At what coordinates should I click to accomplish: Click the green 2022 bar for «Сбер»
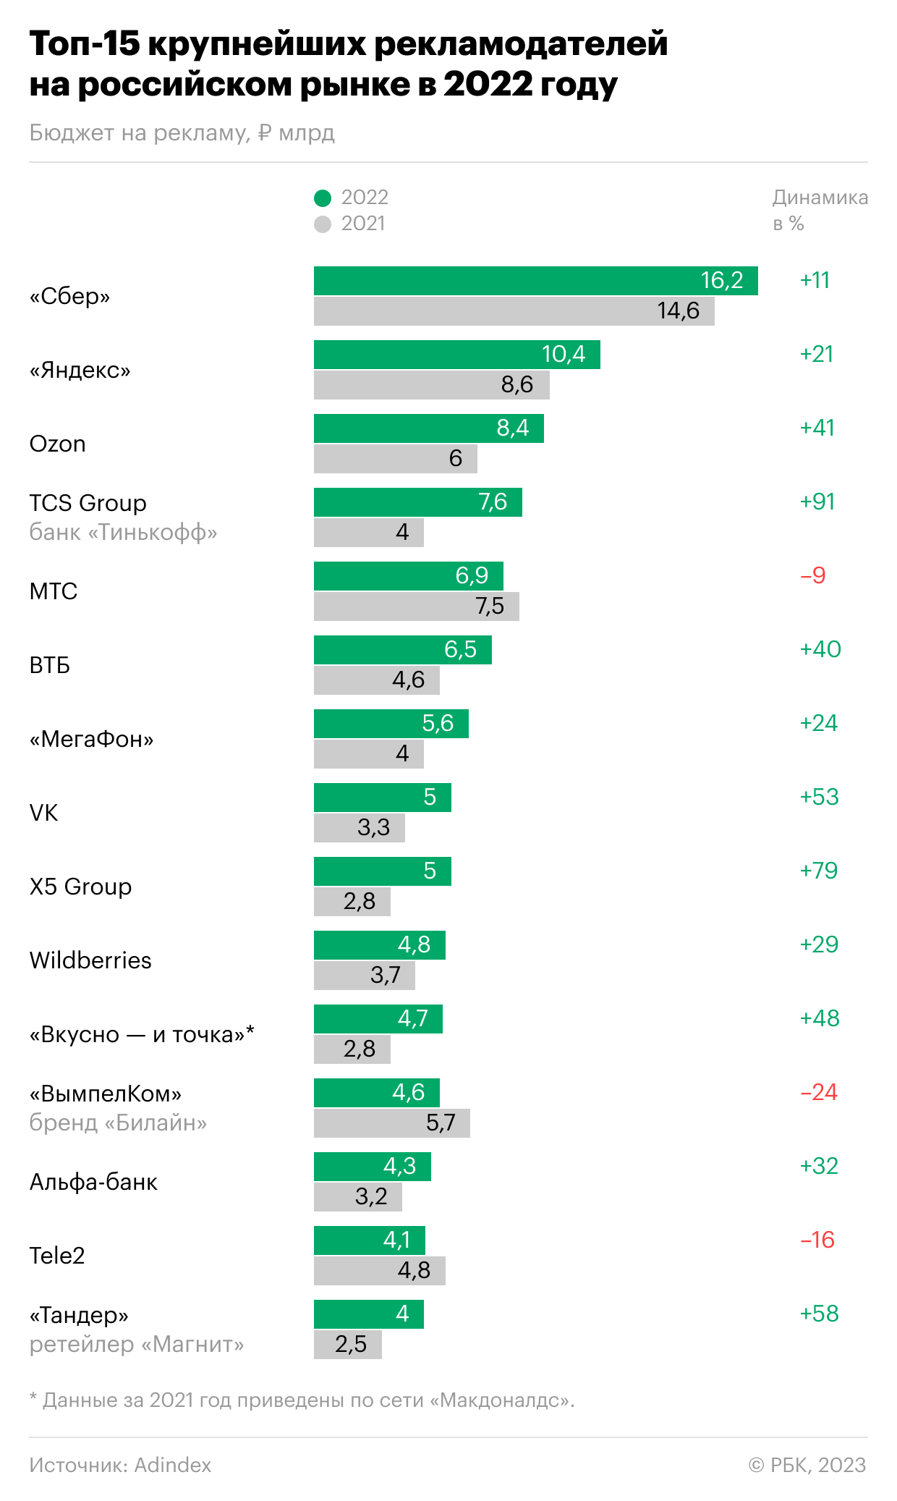pyautogui.click(x=535, y=281)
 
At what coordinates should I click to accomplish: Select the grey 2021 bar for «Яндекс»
pyautogui.click(x=431, y=385)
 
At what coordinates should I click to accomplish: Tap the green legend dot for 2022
pyautogui.click(x=323, y=198)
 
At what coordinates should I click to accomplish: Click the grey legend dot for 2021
pyautogui.click(x=323, y=224)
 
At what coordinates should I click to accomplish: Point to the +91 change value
pyautogui.click(x=817, y=502)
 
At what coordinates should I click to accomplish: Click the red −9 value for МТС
pyautogui.click(x=813, y=575)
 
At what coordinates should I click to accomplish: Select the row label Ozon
pyautogui.click(x=58, y=444)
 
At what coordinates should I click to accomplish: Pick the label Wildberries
pyautogui.click(x=90, y=960)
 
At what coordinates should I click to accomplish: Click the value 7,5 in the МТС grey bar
pyautogui.click(x=490, y=606)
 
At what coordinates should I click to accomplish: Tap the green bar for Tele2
pyautogui.click(x=369, y=1240)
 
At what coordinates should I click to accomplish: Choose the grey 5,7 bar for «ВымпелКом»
pyautogui.click(x=391, y=1123)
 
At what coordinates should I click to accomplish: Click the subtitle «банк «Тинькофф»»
pyautogui.click(x=123, y=533)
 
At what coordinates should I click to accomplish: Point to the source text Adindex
pyautogui.click(x=173, y=1466)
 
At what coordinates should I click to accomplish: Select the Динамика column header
pyautogui.click(x=820, y=198)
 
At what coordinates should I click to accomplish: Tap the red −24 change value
pyautogui.click(x=819, y=1092)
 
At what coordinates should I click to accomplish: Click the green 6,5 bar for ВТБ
pyautogui.click(x=402, y=650)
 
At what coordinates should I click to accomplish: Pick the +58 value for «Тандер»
pyautogui.click(x=819, y=1314)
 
